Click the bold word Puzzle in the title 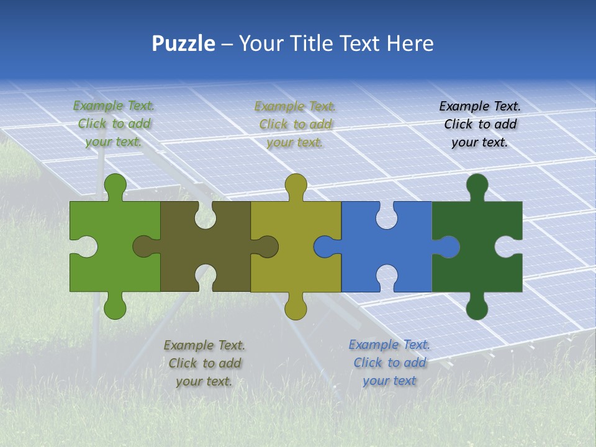point(183,43)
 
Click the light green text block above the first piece point(114,124)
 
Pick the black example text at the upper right point(480,124)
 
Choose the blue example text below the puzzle point(389,363)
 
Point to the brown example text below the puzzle point(204,363)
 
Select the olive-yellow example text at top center point(296,124)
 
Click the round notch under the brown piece point(205,277)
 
